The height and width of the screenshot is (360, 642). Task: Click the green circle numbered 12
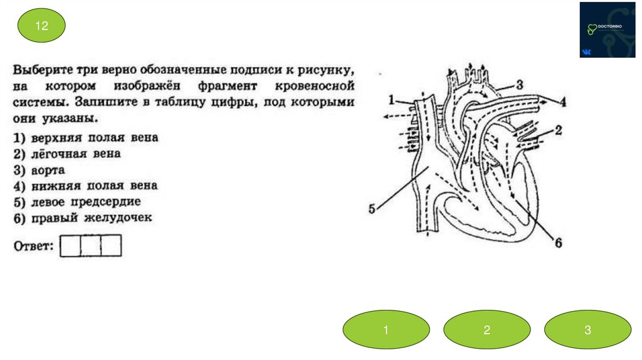(x=41, y=27)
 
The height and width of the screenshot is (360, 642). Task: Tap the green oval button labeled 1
(x=386, y=329)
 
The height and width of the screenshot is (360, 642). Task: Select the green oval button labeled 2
(x=487, y=329)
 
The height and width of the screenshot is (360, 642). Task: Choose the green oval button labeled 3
(x=587, y=329)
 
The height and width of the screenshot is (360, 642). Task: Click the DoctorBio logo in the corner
(x=607, y=29)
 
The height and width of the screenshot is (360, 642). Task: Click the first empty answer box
(x=71, y=245)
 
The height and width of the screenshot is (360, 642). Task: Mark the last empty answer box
(x=111, y=245)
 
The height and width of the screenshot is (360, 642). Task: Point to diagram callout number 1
(x=392, y=99)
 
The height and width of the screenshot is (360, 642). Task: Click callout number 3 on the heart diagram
(x=518, y=84)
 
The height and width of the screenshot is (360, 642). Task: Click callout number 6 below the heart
(x=556, y=243)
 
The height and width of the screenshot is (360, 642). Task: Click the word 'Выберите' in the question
(x=43, y=68)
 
